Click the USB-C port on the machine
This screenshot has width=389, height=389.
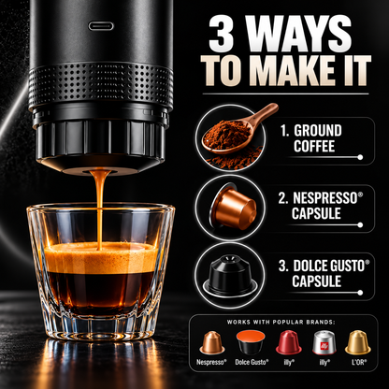click(x=101, y=25)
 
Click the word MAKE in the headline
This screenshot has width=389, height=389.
click(x=291, y=70)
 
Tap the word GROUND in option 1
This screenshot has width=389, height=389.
click(x=318, y=131)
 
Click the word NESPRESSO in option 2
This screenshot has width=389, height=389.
click(x=325, y=198)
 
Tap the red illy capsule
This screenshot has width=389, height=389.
click(x=289, y=342)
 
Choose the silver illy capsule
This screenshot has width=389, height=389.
click(x=324, y=342)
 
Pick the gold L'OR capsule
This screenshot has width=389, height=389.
click(x=358, y=342)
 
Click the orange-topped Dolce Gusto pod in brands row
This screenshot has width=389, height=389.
click(x=251, y=342)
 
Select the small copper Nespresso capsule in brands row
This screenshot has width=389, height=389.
click(x=212, y=343)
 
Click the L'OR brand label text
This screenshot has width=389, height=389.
click(x=358, y=362)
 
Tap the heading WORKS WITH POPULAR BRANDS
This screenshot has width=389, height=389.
click(x=283, y=322)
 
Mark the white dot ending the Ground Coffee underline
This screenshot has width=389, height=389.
click(x=360, y=157)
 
